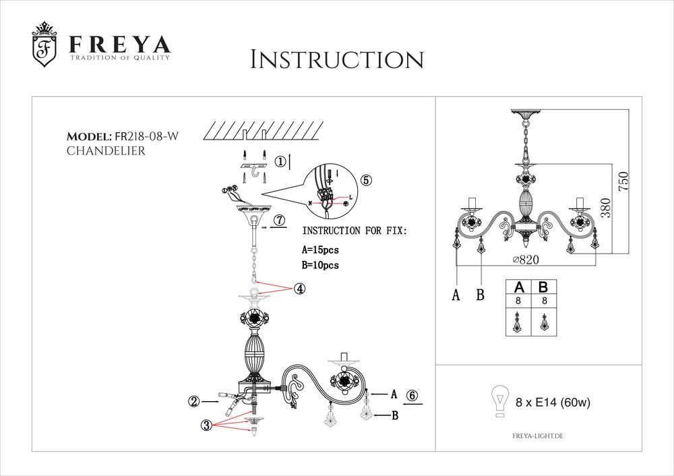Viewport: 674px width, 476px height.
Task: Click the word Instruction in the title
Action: (x=336, y=59)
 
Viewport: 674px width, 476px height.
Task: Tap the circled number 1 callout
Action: (x=279, y=161)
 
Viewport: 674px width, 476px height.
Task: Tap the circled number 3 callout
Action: (x=206, y=425)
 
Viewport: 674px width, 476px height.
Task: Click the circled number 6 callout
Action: (x=412, y=396)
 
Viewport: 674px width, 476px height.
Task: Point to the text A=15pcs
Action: (x=321, y=249)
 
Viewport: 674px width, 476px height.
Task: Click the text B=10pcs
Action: (x=321, y=266)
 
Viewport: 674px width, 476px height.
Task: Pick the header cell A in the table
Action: (x=518, y=287)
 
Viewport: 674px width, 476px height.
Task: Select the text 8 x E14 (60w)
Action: (x=553, y=403)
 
